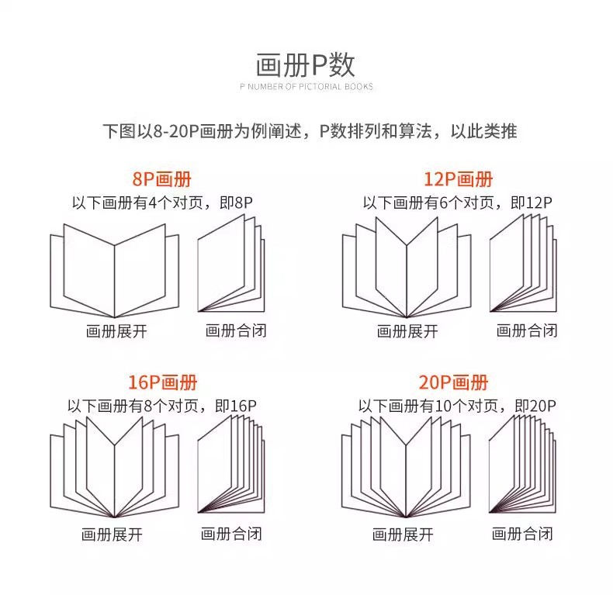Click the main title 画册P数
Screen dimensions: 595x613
coord(306,63)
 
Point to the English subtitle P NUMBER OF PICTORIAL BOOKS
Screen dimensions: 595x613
coord(306,87)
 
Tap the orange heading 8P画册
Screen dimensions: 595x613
coord(162,180)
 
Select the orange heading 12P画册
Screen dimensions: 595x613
coord(458,180)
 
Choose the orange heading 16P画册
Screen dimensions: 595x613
coord(162,382)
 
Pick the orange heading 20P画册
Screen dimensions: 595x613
coord(454,382)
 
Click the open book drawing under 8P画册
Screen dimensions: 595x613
coord(115,268)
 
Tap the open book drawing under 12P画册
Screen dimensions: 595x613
coord(407,268)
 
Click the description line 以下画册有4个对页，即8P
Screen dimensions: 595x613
coord(162,203)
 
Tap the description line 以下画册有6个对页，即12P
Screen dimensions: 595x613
coord(457,203)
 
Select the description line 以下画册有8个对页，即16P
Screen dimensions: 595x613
coord(161,405)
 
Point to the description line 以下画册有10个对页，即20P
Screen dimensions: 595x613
coord(457,405)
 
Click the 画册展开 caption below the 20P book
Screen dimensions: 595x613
coord(403,534)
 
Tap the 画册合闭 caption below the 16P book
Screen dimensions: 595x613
coord(231,534)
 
